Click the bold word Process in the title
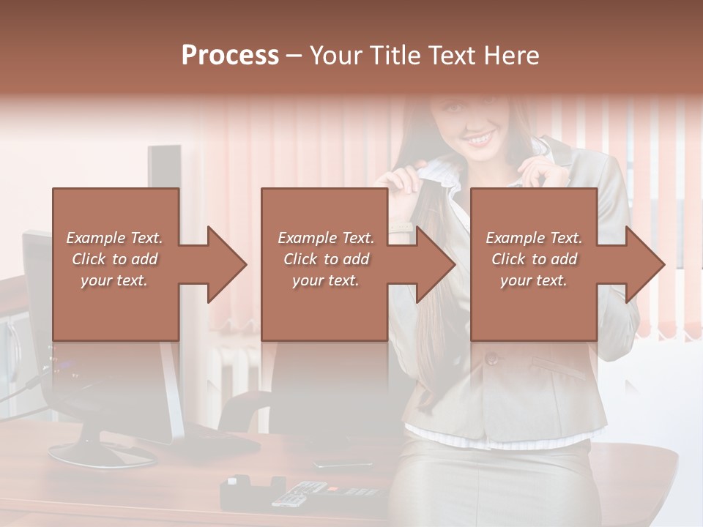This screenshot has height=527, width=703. coord(230,56)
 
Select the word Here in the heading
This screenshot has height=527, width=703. coord(513,56)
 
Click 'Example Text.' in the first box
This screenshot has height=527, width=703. coord(115,238)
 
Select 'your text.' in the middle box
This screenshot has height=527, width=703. coord(326,280)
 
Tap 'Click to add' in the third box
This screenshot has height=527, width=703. coord(535,259)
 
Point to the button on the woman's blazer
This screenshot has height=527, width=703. coord(491,359)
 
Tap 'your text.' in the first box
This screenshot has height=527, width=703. coord(114,280)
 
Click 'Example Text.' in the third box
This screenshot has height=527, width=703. coord(535,238)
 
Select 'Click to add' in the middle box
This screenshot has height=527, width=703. coord(326,259)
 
